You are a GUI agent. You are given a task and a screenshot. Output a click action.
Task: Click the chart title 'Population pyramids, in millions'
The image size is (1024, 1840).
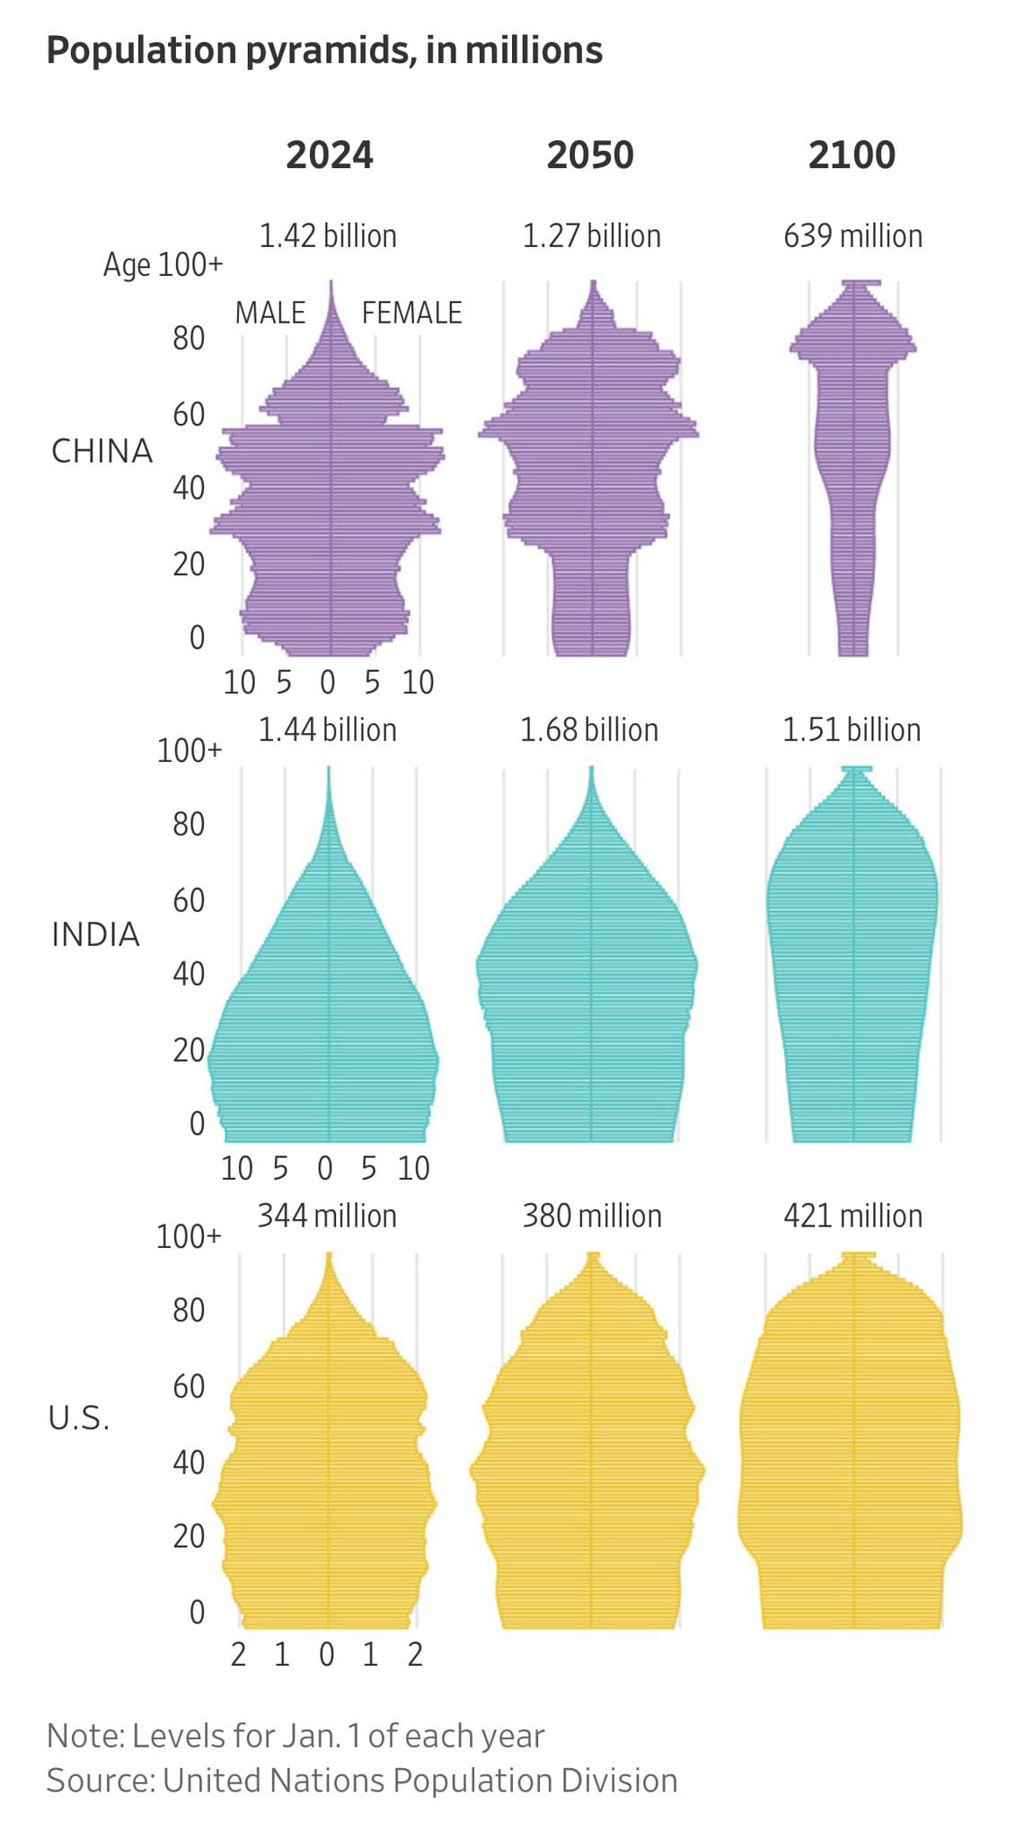[x=324, y=51]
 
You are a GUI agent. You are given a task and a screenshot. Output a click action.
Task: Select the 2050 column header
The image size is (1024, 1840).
[x=590, y=155]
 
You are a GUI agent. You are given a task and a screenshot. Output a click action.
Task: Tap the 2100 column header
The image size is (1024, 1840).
[x=852, y=155]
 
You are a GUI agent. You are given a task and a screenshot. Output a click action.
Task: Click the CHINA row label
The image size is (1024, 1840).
[x=102, y=451]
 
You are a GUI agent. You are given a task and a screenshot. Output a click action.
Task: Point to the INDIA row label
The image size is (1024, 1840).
[x=95, y=935]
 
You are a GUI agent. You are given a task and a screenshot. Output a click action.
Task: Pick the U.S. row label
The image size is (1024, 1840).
[x=79, y=1419]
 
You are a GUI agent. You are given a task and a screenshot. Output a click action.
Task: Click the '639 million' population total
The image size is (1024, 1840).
[x=852, y=236]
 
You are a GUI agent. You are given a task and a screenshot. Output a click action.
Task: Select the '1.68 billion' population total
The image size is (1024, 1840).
[x=589, y=730]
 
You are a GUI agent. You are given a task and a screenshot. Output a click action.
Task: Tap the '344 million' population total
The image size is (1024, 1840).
[x=327, y=1216]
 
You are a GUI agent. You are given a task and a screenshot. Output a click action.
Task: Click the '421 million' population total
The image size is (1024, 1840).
[x=852, y=1216]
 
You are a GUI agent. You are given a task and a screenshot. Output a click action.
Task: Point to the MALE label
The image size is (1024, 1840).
[x=269, y=314]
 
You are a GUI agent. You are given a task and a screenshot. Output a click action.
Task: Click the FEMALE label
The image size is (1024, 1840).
[x=411, y=314]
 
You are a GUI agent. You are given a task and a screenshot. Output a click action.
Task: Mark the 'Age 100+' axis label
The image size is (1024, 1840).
[x=163, y=265]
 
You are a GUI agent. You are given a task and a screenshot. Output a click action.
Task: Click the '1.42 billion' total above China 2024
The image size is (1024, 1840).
[x=328, y=236]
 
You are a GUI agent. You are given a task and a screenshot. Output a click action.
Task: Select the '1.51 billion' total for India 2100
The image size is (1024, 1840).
[x=852, y=730]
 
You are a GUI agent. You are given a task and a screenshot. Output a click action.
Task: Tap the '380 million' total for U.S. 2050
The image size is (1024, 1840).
[x=592, y=1216]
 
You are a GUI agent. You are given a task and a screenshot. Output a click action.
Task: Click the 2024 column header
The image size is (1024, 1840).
[x=329, y=155]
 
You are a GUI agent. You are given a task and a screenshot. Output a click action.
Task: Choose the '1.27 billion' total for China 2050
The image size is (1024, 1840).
[x=592, y=236]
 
